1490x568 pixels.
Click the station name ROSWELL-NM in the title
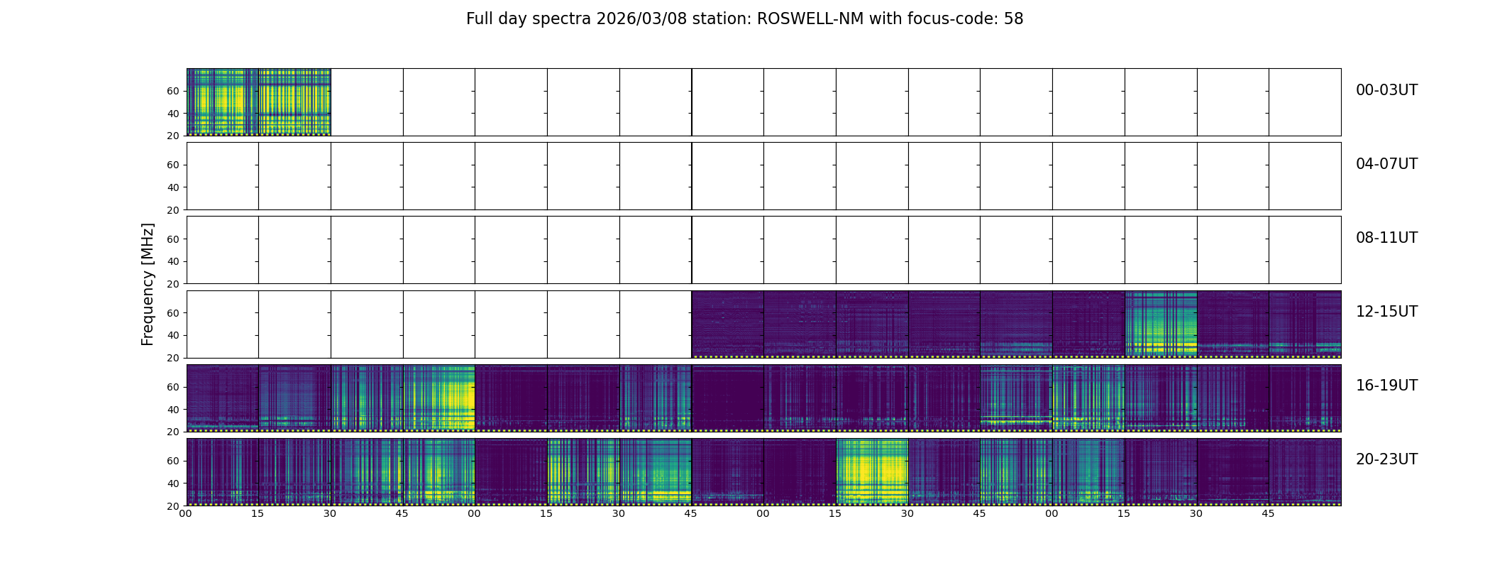pos(810,19)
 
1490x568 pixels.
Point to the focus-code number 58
pos(1013,19)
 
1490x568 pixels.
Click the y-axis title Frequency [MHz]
pos(148,284)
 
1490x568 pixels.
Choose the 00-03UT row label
pos(1386,90)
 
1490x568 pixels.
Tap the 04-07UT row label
pos(1386,164)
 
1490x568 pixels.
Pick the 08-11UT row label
pos(1386,238)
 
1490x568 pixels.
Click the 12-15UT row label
pos(1386,312)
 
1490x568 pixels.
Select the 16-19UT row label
pos(1386,386)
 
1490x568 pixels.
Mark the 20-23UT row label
pos(1386,459)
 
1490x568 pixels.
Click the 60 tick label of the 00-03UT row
pos(172,91)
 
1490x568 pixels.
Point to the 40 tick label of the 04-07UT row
pos(172,187)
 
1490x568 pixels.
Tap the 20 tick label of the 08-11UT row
pos(172,284)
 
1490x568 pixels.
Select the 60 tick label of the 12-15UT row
pos(172,313)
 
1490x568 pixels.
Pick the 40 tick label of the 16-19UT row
pos(172,410)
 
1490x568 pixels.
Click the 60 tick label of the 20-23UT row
pos(172,461)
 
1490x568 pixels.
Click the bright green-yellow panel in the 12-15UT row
pos(1161,324)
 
